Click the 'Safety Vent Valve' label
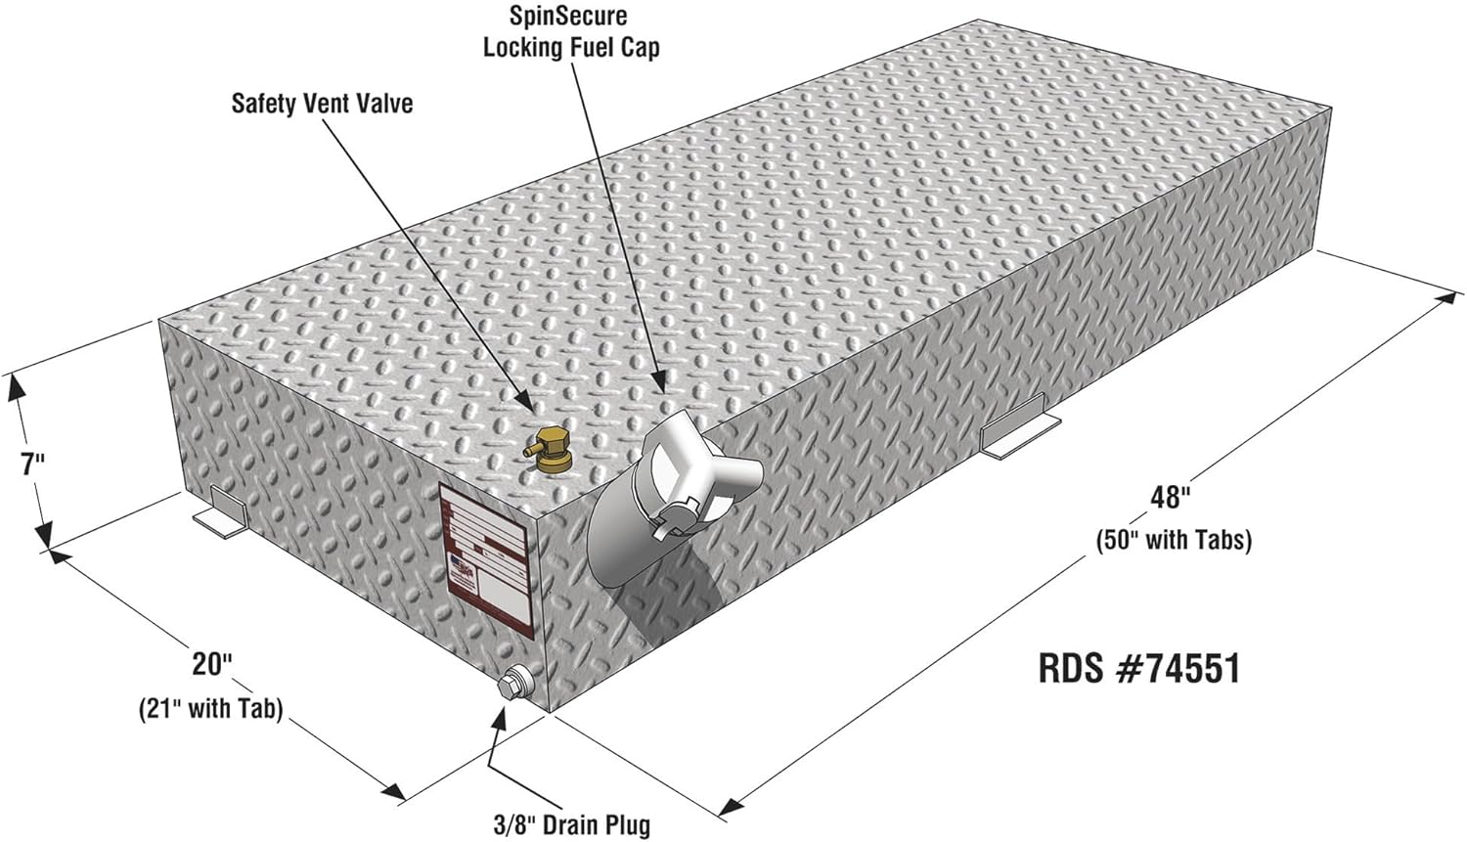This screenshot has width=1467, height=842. coord(322,103)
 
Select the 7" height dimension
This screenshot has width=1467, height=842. coord(34,463)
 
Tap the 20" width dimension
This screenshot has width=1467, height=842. coord(210,664)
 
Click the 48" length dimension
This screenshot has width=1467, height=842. coord(1170,497)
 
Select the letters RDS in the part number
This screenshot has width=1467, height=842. coord(1073,669)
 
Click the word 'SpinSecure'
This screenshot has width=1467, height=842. coord(568,16)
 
